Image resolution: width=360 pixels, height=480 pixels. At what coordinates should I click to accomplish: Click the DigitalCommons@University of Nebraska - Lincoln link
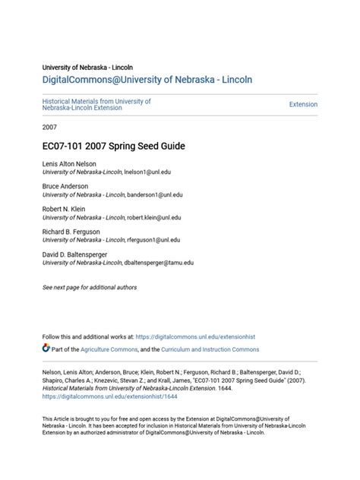(147, 79)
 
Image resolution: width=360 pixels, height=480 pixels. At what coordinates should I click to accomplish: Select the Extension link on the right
(303, 104)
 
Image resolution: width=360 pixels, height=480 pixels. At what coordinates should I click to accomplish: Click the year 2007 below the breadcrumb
(49, 127)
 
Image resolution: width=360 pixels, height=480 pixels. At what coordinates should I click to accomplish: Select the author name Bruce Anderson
(65, 186)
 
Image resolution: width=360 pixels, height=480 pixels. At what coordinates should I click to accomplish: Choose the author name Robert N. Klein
(64, 208)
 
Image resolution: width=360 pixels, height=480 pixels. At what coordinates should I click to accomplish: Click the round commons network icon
(46, 349)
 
